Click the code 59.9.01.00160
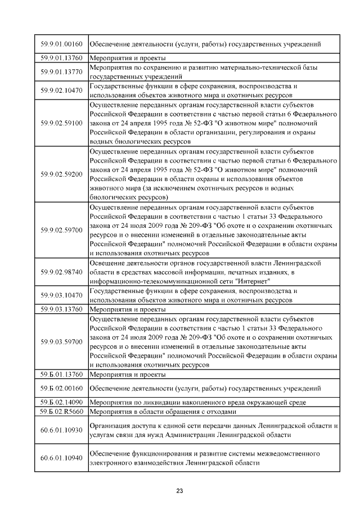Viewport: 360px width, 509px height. tap(62, 43)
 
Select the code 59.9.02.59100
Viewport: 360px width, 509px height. tap(62, 123)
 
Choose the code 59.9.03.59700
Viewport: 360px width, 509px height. tap(62, 341)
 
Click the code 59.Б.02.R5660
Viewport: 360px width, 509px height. tap(62, 411)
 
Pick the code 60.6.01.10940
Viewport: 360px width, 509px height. tap(62, 458)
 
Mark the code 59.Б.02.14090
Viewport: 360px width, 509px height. tap(62, 402)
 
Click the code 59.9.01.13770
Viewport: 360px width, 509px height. tap(62, 71)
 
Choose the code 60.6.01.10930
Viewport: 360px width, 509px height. tap(62, 430)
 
